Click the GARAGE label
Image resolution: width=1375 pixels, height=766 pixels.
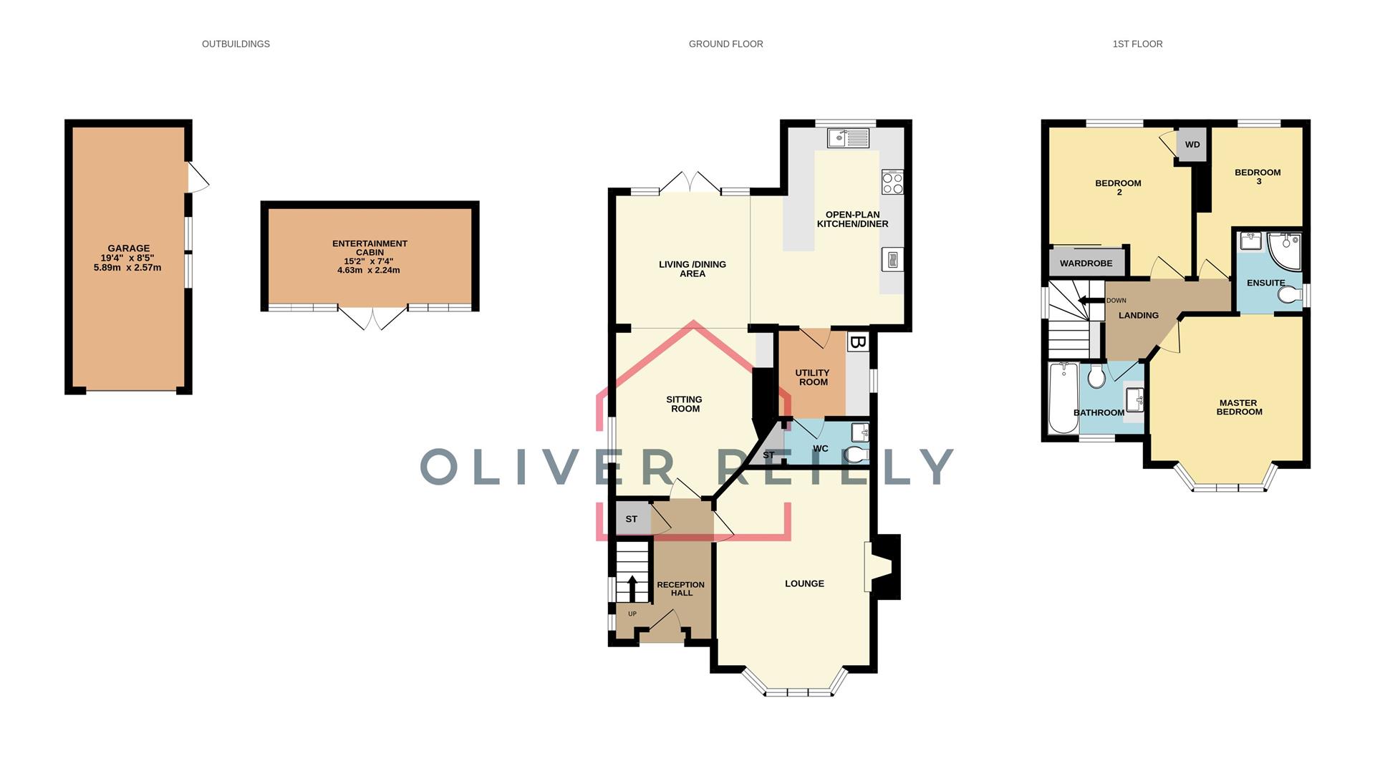129,248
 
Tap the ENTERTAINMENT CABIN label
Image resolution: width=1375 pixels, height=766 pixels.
370,248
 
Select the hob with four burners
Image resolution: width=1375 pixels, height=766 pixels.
892,182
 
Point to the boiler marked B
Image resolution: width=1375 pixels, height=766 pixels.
857,342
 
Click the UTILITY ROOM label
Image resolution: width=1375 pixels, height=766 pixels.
812,377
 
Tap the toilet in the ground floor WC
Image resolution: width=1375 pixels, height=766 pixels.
857,455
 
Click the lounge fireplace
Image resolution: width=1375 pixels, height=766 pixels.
881,567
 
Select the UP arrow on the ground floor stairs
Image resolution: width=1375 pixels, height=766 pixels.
632,588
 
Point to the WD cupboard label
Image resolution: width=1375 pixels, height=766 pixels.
1192,145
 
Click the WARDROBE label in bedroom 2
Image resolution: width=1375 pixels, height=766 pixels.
1086,263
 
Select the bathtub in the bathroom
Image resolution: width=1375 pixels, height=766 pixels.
1063,398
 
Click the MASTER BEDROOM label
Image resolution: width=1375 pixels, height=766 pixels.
1239,407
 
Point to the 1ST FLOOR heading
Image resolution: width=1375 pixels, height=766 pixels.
1137,44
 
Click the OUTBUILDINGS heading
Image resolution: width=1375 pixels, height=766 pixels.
236,44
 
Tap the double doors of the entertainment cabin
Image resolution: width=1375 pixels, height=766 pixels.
372,319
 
